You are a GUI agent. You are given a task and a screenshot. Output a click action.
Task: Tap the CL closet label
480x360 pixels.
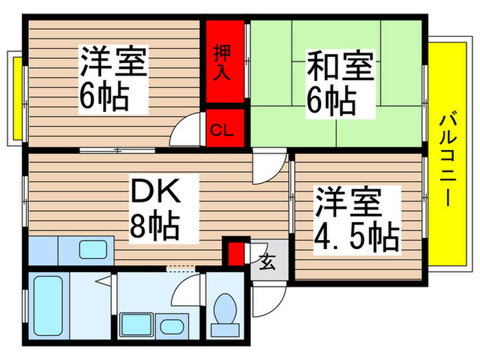[x=221, y=129]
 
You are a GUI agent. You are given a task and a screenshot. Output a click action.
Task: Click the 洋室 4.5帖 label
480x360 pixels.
[x=357, y=219]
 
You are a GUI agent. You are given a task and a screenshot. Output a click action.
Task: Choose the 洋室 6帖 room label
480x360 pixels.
[x=113, y=79]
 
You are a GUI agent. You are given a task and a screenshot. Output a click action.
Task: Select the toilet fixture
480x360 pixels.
[x=224, y=312]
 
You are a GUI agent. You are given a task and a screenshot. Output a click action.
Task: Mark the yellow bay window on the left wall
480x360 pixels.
[x=15, y=95]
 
